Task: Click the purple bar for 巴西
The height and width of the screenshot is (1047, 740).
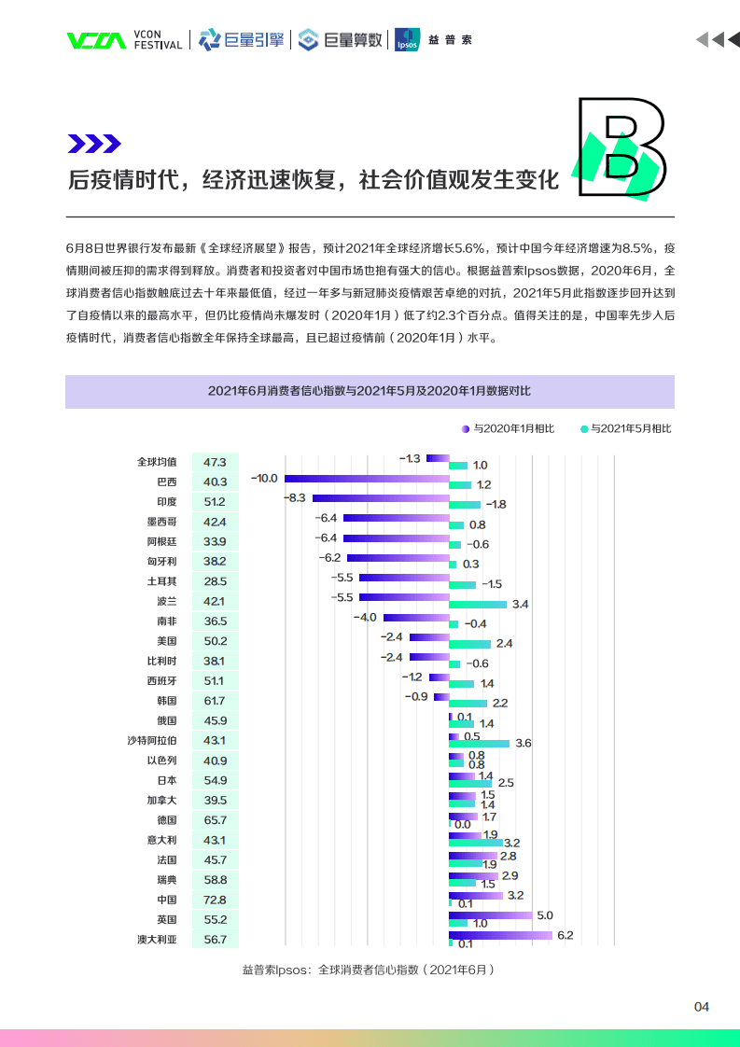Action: [x=367, y=478]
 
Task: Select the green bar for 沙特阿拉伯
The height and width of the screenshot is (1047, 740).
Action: [x=479, y=744]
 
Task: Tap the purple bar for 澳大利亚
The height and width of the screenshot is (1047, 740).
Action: [x=500, y=934]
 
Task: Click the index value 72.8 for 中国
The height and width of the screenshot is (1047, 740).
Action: [x=215, y=900]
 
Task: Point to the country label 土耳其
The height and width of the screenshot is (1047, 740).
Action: [x=161, y=581]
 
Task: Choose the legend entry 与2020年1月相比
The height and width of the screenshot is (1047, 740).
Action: [x=508, y=428]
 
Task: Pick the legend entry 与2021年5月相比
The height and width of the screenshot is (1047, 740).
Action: [x=625, y=428]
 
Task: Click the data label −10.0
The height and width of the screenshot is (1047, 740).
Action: [x=264, y=478]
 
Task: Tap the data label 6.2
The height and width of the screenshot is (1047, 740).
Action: [x=565, y=934]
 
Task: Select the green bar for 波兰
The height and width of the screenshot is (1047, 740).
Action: [x=478, y=605]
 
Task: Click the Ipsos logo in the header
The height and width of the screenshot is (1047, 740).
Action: [x=407, y=39]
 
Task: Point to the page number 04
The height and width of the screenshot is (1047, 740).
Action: [x=702, y=1007]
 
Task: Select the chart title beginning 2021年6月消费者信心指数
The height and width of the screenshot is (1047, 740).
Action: [x=370, y=391]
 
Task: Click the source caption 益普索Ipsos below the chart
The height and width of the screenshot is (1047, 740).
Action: [x=368, y=970]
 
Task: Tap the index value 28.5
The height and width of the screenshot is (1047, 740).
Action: [x=215, y=581]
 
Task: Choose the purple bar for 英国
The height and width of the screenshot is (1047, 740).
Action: [x=490, y=914]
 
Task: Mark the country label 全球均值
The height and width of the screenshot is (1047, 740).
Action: [x=156, y=462]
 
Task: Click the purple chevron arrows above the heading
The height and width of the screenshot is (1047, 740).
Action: [x=94, y=143]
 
